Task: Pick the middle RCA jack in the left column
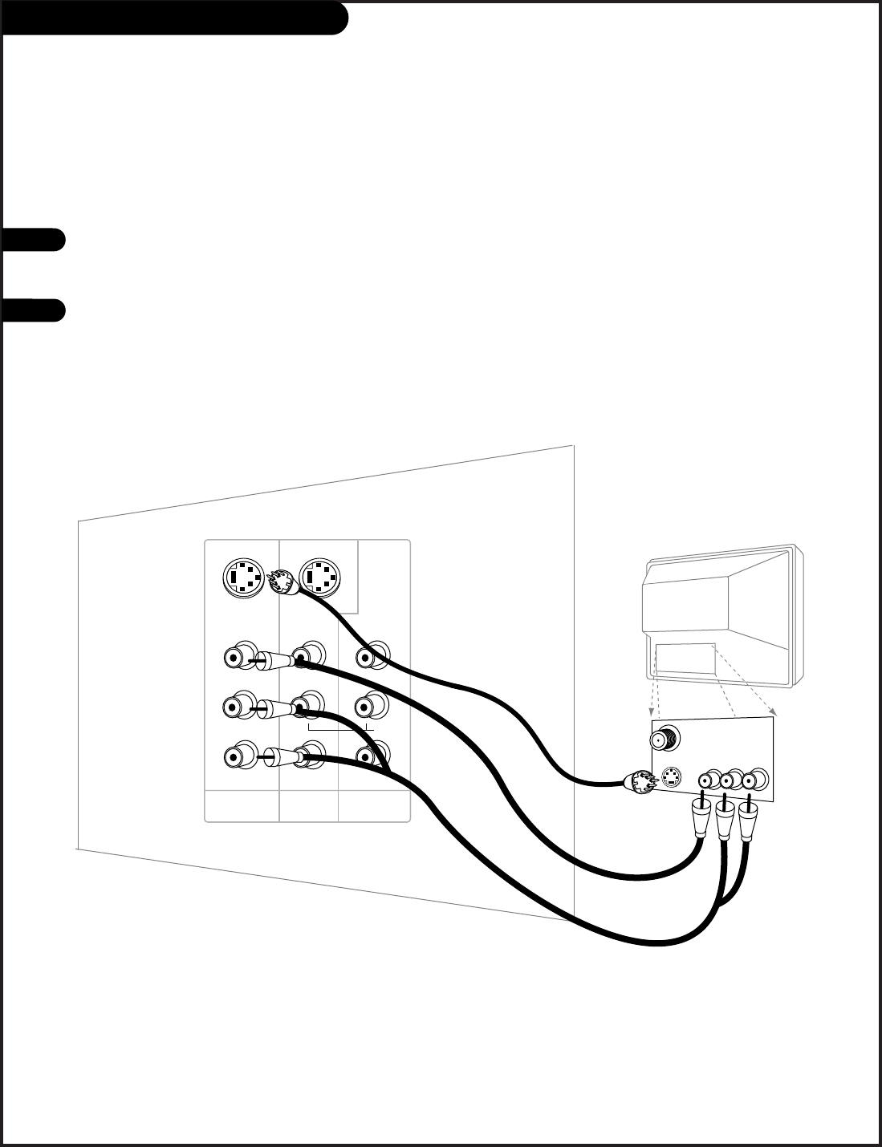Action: (x=235, y=708)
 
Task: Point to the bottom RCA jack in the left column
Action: (x=235, y=756)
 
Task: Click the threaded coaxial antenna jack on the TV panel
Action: (x=663, y=739)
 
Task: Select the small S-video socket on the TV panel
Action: (x=673, y=779)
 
